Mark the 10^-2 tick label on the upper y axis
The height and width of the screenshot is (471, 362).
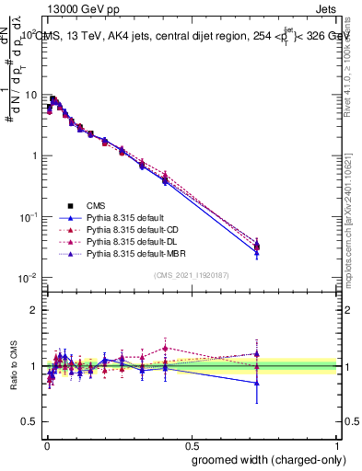click(29, 278)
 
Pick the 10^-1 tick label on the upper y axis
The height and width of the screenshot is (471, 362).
click(29, 216)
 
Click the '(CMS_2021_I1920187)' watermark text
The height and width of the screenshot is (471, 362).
click(191, 275)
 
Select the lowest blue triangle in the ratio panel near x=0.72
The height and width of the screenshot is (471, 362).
click(257, 383)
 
